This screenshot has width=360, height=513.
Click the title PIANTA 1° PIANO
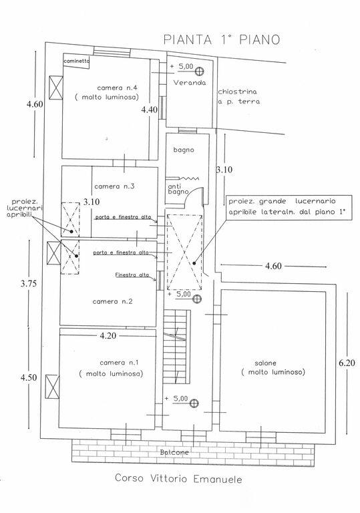pos(222,39)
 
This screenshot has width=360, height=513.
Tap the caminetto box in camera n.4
pos(76,61)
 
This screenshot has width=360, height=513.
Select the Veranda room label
pos(190,83)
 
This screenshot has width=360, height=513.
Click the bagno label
pos(184,150)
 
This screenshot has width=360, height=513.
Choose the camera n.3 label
pos(115,186)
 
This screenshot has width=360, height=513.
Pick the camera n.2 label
pos(113,301)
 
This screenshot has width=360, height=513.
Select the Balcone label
pos(174,452)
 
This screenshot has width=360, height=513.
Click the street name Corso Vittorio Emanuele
pos(179,479)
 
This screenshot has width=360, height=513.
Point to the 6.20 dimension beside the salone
pos(347,363)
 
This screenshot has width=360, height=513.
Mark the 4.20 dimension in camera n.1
pos(108,336)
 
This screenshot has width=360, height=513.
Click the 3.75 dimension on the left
pos(29,284)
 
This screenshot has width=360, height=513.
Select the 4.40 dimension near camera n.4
pos(149,110)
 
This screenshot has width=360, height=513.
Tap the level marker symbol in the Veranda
pos(199,71)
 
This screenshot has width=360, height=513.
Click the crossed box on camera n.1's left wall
pos(52,387)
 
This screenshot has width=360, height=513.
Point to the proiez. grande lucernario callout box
pos(289,208)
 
